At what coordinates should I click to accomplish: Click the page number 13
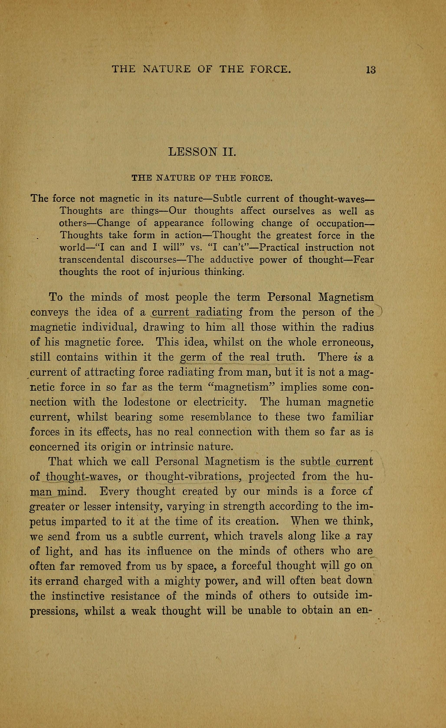pyautogui.click(x=371, y=70)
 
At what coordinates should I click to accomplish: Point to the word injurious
pyautogui.click(x=179, y=272)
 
